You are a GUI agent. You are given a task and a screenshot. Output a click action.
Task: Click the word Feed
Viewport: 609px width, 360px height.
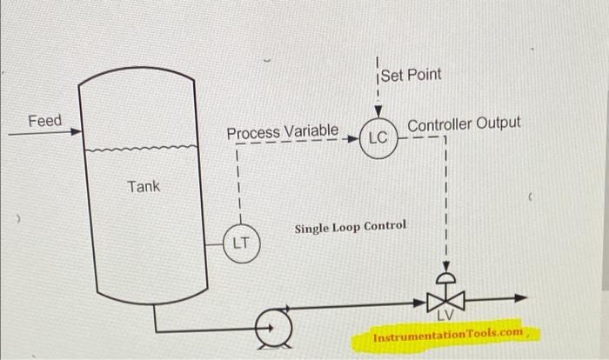45,121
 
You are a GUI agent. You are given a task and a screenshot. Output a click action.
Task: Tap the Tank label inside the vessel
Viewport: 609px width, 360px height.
144,186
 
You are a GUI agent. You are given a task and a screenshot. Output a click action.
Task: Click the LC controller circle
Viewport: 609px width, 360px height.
378,137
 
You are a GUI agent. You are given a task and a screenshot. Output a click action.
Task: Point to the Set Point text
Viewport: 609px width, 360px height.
412,75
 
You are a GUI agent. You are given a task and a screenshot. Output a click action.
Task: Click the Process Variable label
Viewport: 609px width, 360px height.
283,132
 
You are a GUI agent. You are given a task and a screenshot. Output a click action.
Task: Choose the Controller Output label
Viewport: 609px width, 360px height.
464,123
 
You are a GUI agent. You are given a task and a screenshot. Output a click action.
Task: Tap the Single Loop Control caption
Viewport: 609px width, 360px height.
350,226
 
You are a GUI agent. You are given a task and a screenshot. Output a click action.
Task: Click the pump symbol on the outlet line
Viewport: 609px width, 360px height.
272,329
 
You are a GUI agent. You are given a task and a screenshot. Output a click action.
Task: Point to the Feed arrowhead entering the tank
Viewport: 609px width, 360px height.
76,133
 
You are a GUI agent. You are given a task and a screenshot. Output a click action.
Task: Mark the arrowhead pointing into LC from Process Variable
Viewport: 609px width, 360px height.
353,138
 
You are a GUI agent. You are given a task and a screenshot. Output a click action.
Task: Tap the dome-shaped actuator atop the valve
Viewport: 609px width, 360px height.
445,277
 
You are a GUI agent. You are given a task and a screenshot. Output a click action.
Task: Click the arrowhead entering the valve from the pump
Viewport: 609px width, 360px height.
420,301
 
